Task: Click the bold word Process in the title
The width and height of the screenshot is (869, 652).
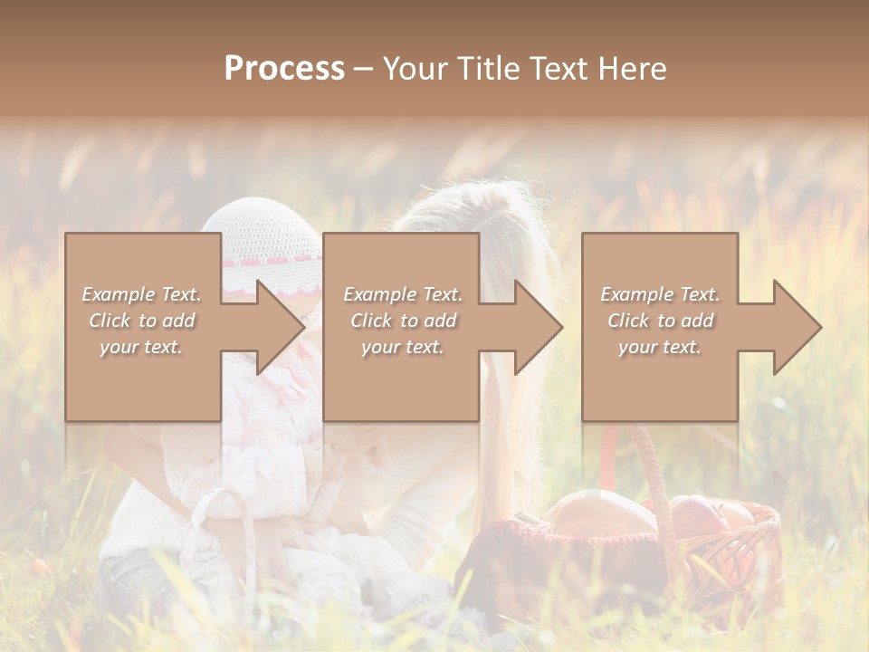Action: pos(284,69)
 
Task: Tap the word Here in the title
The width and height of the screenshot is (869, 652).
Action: pos(632,69)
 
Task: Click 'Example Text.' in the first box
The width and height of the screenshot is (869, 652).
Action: pos(142,294)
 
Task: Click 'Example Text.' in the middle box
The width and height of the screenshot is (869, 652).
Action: pos(402,294)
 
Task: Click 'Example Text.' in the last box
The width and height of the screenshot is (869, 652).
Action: pos(660,294)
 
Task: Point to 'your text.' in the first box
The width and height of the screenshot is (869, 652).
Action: pos(142,347)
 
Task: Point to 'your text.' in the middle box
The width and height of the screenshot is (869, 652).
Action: pos(402,347)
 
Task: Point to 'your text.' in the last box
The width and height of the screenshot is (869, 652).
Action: pos(660,347)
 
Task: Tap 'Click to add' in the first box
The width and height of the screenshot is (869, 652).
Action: pos(142,321)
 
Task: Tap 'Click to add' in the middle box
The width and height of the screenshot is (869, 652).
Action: pos(402,321)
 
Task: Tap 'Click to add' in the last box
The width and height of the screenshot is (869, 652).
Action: pos(660,321)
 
